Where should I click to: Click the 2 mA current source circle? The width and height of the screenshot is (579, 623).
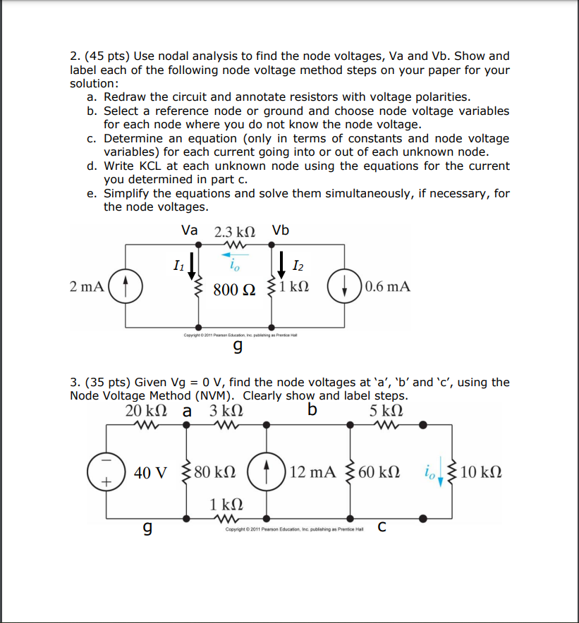click(126, 287)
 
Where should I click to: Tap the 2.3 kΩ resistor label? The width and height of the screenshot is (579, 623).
click(234, 231)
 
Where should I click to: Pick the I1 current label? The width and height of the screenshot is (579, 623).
click(178, 266)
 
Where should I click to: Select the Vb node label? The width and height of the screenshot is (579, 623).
click(280, 230)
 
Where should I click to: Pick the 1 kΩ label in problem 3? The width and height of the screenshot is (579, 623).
click(227, 504)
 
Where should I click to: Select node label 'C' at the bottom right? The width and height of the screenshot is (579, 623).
click(381, 525)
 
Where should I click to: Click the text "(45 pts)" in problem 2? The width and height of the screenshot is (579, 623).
click(106, 56)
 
